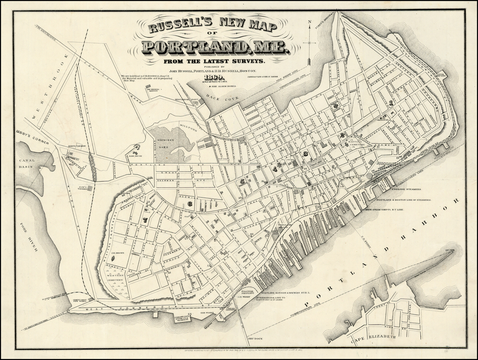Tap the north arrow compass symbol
[x=309, y=43]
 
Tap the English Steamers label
[x=407, y=190]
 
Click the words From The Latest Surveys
[x=214, y=61]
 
